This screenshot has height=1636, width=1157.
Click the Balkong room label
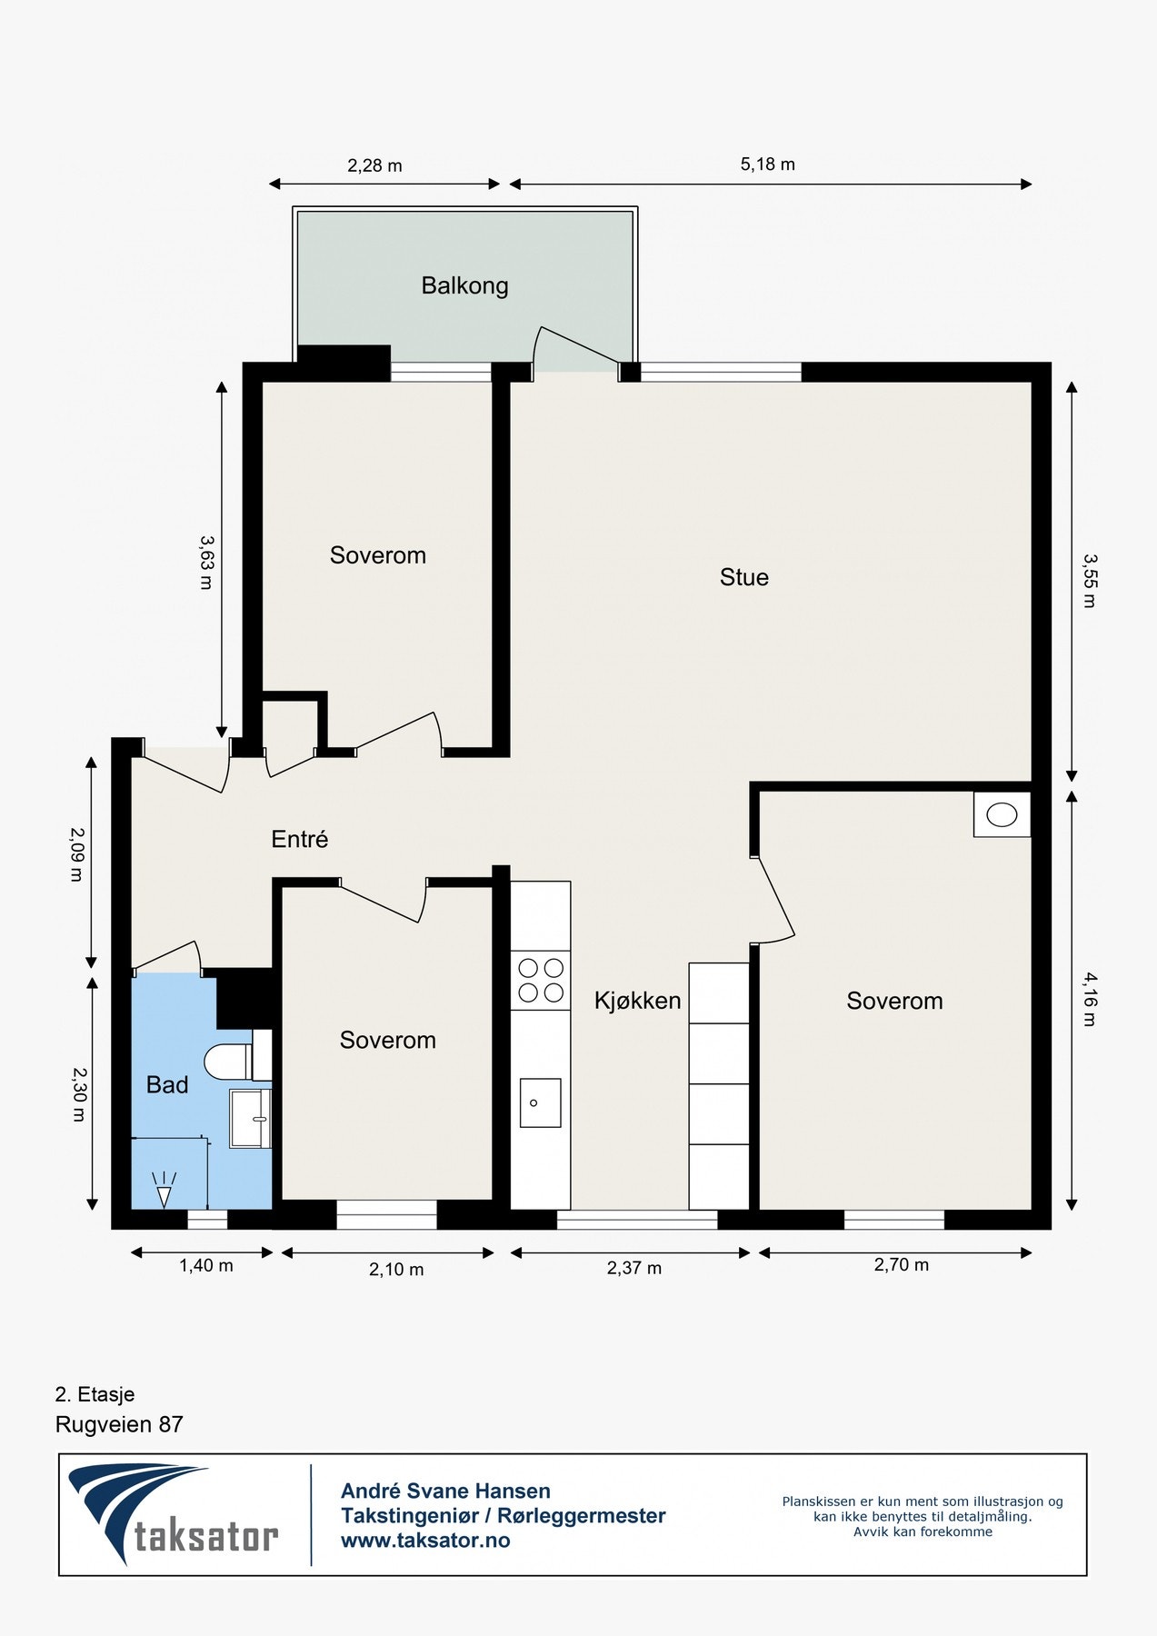pyautogui.click(x=464, y=286)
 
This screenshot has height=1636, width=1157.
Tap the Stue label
pyautogui.click(x=744, y=577)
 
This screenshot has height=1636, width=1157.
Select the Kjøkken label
pyautogui.click(x=638, y=1001)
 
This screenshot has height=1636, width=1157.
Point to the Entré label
pyautogui.click(x=300, y=839)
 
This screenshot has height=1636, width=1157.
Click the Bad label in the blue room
pyautogui.click(x=167, y=1084)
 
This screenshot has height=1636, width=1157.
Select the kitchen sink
pyautogui.click(x=540, y=1103)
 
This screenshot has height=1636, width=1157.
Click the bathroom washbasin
pyautogui.click(x=250, y=1119)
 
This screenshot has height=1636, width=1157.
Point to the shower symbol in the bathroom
pyautogui.click(x=164, y=1190)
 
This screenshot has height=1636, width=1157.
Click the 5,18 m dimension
pyautogui.click(x=768, y=165)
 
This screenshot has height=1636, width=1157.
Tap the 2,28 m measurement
pyautogui.click(x=374, y=165)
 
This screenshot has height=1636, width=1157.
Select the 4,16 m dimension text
pyautogui.click(x=1090, y=999)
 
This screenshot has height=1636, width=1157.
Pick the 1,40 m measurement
pyautogui.click(x=206, y=1265)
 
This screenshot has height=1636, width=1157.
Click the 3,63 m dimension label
pyautogui.click(x=206, y=562)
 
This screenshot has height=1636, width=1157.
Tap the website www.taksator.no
pyautogui.click(x=425, y=1541)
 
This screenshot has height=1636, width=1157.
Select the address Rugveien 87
pyautogui.click(x=119, y=1424)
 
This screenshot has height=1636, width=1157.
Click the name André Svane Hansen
pyautogui.click(x=445, y=1491)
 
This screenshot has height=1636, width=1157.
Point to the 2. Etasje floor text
pyautogui.click(x=95, y=1394)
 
